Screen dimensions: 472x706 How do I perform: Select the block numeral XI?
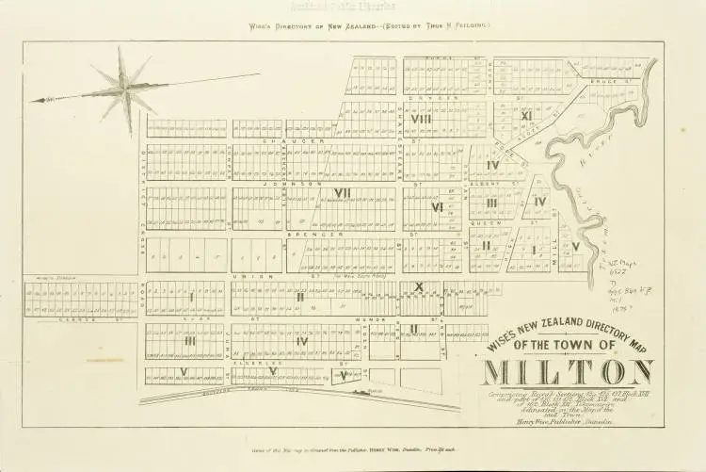coord(527,116)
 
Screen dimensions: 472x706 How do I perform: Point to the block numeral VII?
coord(342,192)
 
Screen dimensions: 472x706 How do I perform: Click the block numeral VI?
coord(437,207)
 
